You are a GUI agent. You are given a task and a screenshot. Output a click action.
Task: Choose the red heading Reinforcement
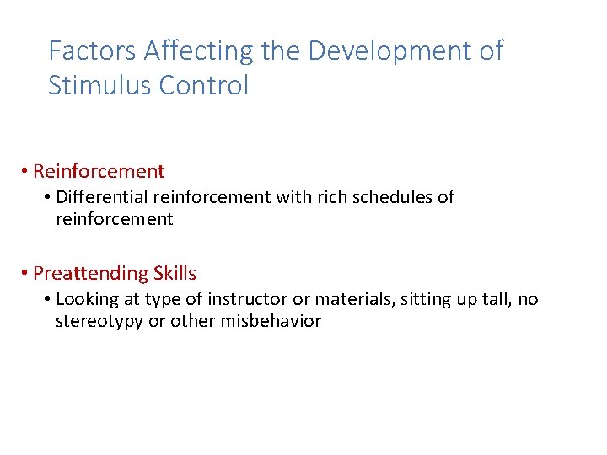pos(99,171)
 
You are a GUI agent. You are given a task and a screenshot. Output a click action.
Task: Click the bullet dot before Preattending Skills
pos(26,274)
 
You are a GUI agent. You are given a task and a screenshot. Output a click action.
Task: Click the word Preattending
pos(90,274)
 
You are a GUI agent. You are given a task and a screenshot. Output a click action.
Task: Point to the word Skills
pos(175,274)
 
